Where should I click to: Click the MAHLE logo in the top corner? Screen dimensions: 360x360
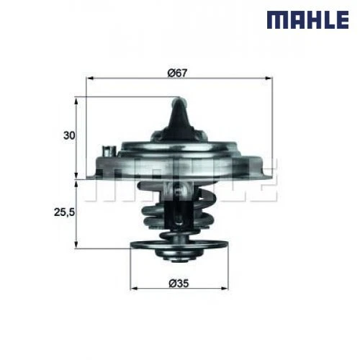308,19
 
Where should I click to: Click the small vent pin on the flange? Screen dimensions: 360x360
109,152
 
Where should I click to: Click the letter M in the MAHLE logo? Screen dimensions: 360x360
277,19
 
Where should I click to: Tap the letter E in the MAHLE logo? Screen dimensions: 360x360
339,19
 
